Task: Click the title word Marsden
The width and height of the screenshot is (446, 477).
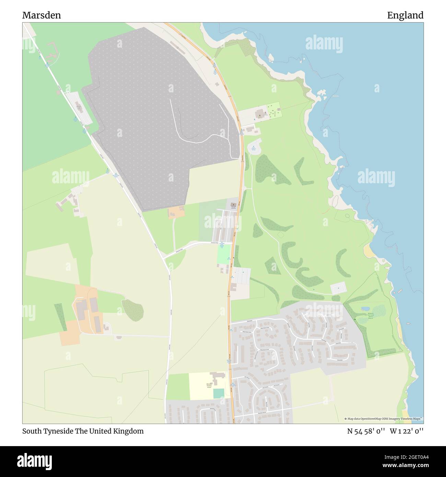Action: click(x=42, y=15)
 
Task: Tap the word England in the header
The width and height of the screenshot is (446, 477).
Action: click(x=405, y=15)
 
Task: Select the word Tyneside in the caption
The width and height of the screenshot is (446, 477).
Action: click(x=57, y=431)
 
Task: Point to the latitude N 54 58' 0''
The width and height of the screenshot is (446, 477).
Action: click(x=366, y=431)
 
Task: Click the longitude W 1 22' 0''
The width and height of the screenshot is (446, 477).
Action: click(x=407, y=431)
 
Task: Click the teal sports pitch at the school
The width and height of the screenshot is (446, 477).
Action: click(x=218, y=394)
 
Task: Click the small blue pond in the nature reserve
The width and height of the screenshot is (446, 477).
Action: click(x=365, y=309)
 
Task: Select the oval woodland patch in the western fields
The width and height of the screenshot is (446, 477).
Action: click(x=132, y=310)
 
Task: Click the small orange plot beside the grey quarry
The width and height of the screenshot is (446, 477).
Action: click(x=176, y=212)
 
